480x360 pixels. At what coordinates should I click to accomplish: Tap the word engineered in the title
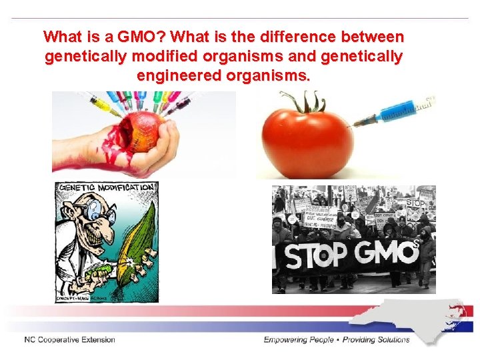coord(176,76)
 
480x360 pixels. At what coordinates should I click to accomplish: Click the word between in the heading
coord(375,36)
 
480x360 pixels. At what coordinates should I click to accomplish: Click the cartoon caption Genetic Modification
coord(106,187)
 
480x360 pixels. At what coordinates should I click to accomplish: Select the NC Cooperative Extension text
coord(69,339)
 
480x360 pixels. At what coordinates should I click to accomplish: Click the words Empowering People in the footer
coord(297,339)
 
